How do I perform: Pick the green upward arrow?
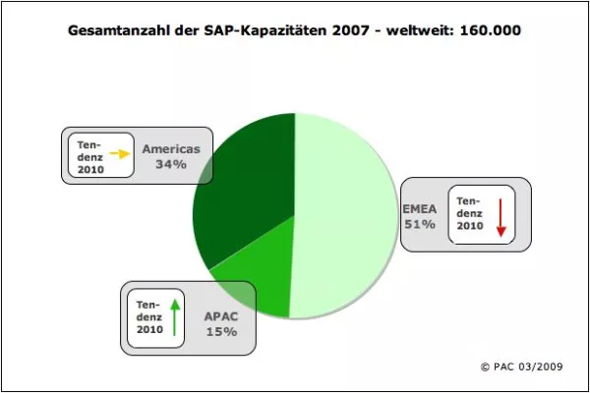[x=174, y=315]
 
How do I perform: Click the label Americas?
[x=170, y=149]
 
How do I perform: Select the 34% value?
[x=170, y=165]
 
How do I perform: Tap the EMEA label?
[x=420, y=208]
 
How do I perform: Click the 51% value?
[x=420, y=224]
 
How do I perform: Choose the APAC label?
[x=221, y=316]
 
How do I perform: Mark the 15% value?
[x=221, y=332]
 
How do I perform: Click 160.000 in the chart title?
[x=488, y=30]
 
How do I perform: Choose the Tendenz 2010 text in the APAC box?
[x=148, y=316]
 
